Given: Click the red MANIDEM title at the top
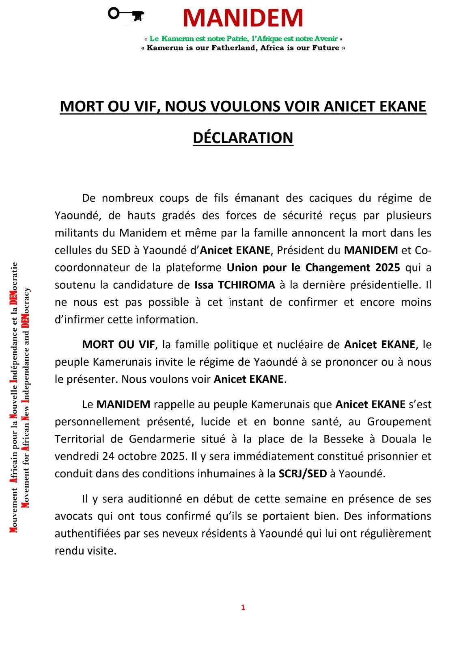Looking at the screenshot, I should pyautogui.click(x=243, y=18).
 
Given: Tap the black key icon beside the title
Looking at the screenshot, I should pyautogui.click(x=127, y=15).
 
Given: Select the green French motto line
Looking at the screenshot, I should pyautogui.click(x=243, y=39).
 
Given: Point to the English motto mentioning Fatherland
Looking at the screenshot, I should pyautogui.click(x=243, y=48).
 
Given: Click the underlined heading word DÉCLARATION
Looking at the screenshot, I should pyautogui.click(x=243, y=138).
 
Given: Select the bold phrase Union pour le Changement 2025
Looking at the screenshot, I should pyautogui.click(x=313, y=267).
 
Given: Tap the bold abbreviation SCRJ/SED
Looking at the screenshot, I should pyautogui.click(x=302, y=474).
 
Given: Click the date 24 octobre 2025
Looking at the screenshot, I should pyautogui.click(x=142, y=456).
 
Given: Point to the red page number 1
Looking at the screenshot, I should pyautogui.click(x=243, y=607).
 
